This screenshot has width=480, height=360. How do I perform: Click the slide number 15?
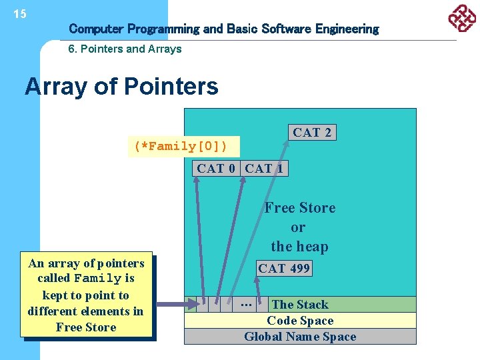coord(20,14)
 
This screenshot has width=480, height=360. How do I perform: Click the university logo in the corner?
coord(461,18)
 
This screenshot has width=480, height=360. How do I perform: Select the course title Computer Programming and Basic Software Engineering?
coord(223,29)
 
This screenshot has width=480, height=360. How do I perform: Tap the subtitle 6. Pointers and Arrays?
coord(125,49)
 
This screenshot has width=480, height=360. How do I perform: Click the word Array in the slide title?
coord(55,87)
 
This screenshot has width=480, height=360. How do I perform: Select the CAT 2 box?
coord(311,132)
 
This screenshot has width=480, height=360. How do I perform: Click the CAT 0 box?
coord(216,169)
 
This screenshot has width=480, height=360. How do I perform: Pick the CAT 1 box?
coord(264,169)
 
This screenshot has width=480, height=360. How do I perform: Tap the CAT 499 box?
coord(285,269)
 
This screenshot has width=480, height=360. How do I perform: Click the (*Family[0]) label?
coord(181,146)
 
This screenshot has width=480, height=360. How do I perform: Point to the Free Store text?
coord(299,208)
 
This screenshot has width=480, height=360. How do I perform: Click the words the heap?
coord(299,247)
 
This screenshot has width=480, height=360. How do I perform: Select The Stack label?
coord(299,305)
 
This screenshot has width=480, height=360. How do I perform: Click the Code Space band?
coord(299,321)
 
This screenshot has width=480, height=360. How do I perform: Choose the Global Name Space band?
coord(299,337)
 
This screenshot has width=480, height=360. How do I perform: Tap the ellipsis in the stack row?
coord(245,304)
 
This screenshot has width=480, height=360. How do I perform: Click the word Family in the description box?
coord(97,279)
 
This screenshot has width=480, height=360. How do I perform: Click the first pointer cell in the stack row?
coord(202,305)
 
